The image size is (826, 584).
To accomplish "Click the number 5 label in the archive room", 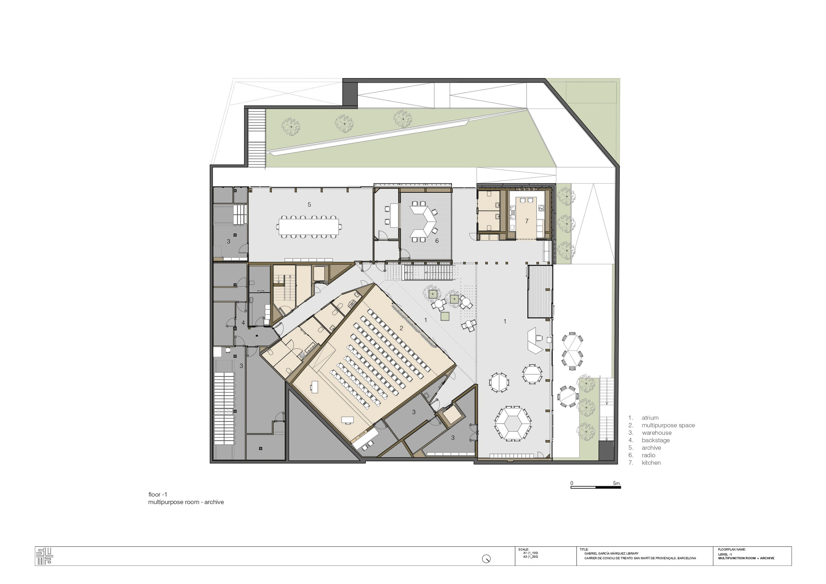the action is coord(309,204).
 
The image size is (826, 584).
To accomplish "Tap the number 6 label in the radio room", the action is coord(437,241).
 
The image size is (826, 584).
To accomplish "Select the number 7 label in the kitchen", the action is coord(527,221).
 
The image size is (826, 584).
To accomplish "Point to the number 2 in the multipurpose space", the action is coord(401,328).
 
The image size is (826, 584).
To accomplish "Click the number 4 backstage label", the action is coord(243,323).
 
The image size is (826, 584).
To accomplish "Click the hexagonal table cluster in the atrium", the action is coord(513,423).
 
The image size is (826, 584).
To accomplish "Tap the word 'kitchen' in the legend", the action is coord(651,463).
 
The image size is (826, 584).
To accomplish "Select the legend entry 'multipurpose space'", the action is coord(668,425).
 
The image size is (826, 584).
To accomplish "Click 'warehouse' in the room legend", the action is coord(656,433).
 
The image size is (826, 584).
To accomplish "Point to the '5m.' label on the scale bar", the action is coord(616,483).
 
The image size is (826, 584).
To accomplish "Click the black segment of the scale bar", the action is coord(608,487).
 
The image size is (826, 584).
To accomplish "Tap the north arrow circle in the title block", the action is coord(486,559).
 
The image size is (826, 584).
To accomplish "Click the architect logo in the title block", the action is coord(44,557).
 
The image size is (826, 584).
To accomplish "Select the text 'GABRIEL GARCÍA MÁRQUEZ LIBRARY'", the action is coord(611,553).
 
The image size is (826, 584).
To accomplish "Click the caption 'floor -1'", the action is coord(158,495).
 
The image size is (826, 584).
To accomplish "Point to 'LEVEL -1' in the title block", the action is coord(725,555).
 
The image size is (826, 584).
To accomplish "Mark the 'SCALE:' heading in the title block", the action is coord(523,550).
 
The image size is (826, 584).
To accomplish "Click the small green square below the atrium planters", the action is coord(445,316).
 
